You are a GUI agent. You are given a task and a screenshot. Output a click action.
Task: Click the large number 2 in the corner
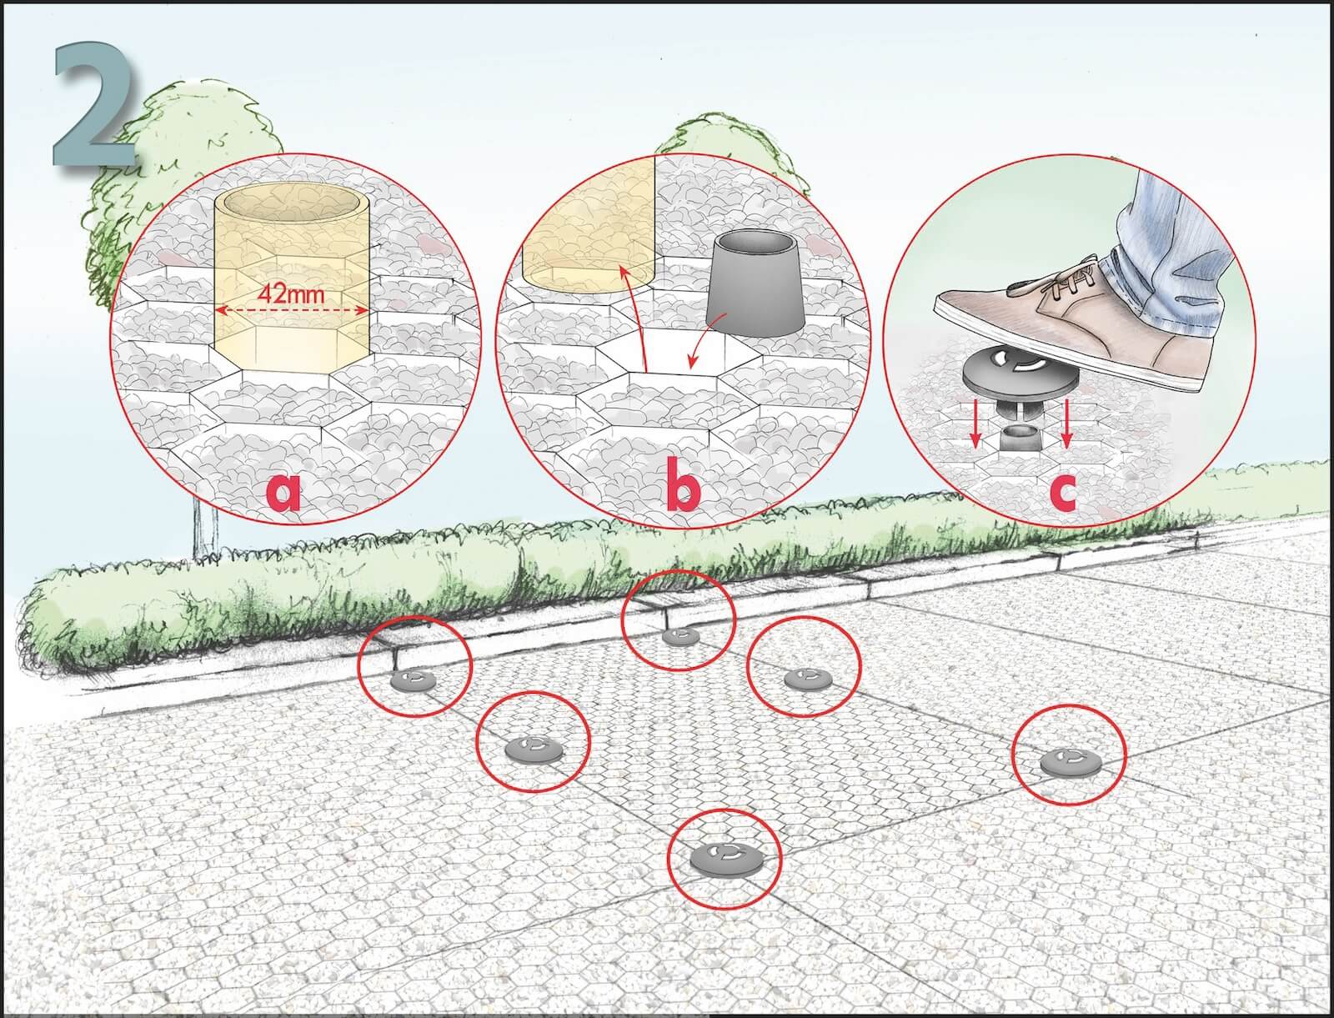click(94, 103)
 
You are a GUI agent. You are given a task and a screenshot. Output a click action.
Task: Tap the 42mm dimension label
click(291, 294)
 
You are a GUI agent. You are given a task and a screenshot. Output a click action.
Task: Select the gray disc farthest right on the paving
click(1070, 761)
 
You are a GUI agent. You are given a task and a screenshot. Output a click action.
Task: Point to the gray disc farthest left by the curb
click(414, 680)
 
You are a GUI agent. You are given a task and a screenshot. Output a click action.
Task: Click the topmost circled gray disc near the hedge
click(680, 636)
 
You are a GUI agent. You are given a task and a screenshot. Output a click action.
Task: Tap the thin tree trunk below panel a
click(205, 534)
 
